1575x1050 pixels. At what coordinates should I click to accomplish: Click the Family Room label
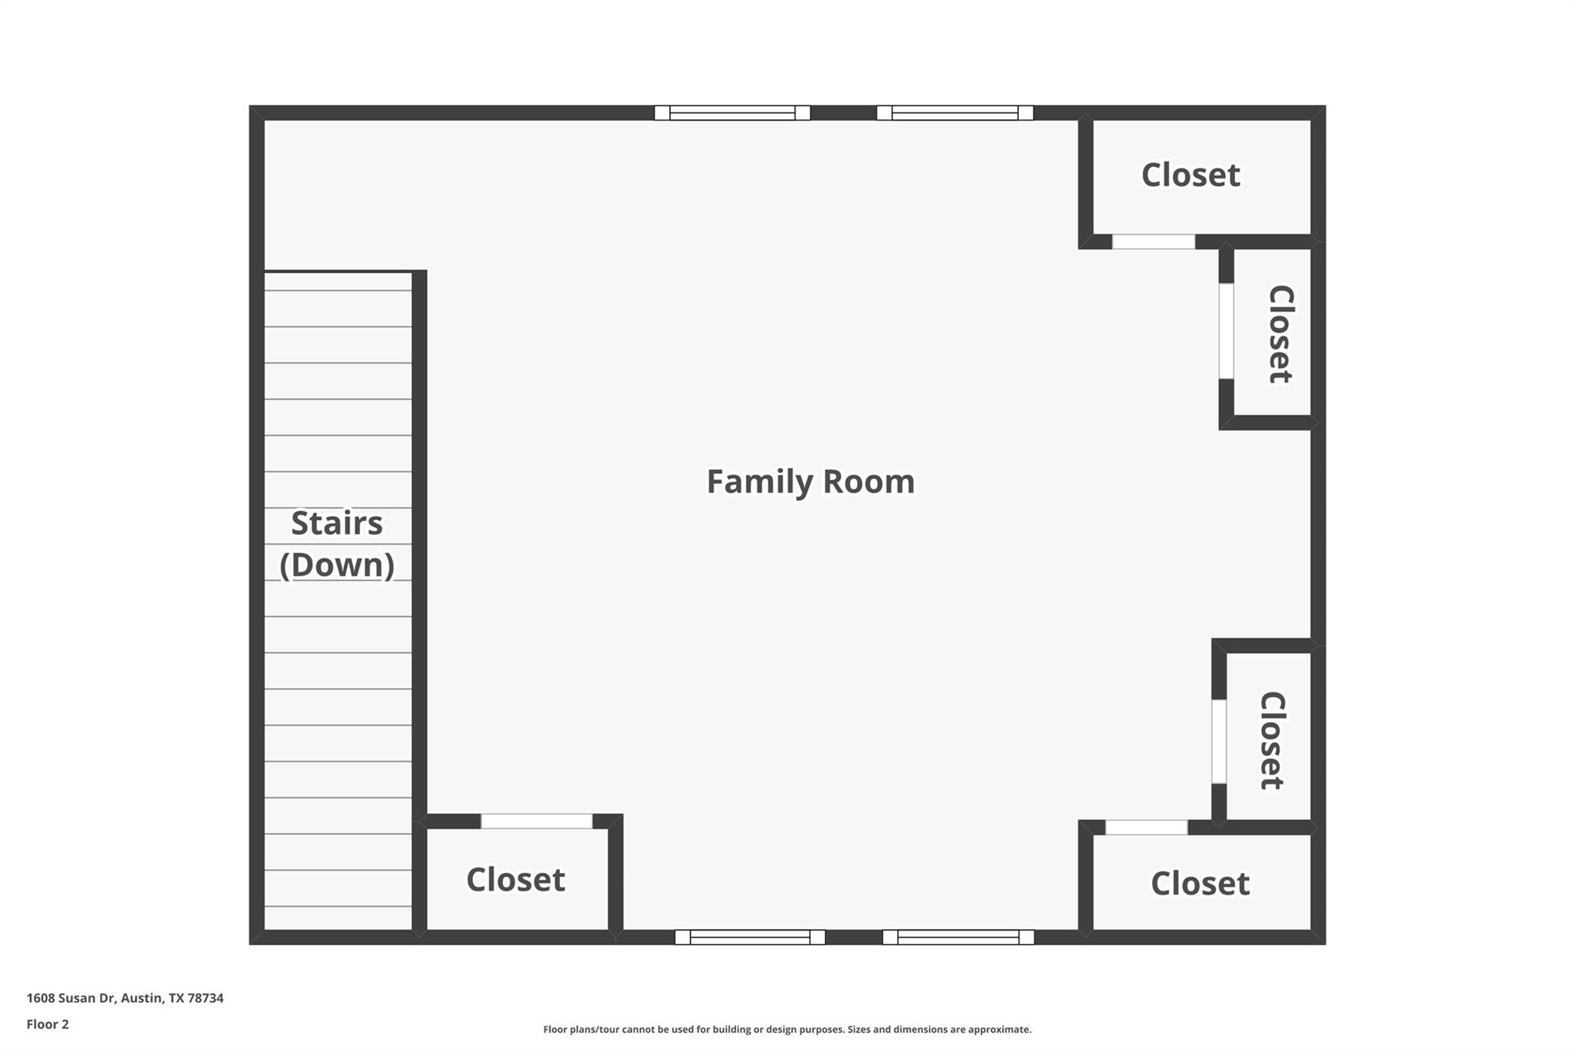[x=811, y=482]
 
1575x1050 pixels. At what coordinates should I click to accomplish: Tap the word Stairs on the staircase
[x=337, y=524]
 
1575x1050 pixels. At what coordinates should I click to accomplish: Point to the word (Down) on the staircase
[x=337, y=565]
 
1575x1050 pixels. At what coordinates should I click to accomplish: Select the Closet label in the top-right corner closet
[x=1190, y=175]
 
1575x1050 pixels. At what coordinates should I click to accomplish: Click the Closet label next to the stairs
[x=515, y=880]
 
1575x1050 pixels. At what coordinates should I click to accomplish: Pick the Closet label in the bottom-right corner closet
[x=1200, y=884]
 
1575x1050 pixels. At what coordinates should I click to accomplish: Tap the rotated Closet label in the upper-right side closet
[x=1280, y=334]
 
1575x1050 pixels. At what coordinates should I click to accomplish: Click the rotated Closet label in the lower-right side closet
[x=1272, y=740]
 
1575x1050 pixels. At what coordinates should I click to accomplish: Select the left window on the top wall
[x=732, y=113]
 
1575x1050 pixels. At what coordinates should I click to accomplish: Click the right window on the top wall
[x=954, y=113]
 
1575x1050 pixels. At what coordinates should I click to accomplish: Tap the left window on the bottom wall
[x=750, y=937]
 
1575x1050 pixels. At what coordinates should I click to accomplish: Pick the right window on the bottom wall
[x=958, y=937]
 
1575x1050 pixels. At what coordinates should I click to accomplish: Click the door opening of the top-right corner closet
[x=1154, y=242]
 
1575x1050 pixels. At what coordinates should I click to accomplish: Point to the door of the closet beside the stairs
[x=537, y=822]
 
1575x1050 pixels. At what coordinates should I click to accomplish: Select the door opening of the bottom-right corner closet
[x=1147, y=828]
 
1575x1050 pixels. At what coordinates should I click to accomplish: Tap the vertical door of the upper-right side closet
[x=1227, y=331]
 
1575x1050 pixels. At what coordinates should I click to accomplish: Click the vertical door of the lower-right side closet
[x=1219, y=742]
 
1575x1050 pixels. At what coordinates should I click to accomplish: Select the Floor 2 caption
[x=48, y=1025]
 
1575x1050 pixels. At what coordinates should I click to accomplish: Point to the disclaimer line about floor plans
[x=787, y=1030]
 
